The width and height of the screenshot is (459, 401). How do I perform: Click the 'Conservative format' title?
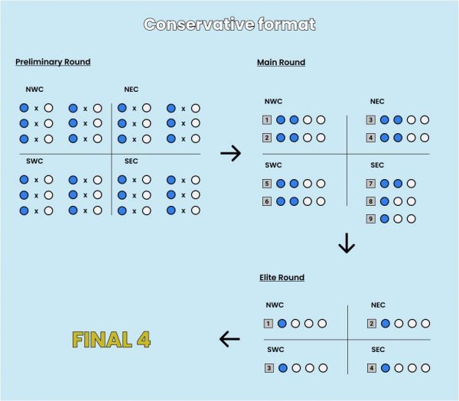[x=229, y=24]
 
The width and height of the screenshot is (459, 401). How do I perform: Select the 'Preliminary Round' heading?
[x=53, y=62]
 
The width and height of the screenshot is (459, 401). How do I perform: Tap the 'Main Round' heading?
[x=281, y=62]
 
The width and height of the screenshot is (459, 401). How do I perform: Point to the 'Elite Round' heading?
[x=282, y=277]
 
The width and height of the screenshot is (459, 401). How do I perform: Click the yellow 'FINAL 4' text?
[x=111, y=340]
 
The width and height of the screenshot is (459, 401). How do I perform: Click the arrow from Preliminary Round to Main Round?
[x=231, y=153]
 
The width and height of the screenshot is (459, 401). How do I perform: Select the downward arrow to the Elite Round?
[x=347, y=243]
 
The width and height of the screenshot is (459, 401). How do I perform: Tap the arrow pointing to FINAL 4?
[x=229, y=339]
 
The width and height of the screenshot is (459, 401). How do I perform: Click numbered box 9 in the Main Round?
[x=370, y=219]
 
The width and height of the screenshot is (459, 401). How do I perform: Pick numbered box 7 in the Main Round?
[x=370, y=184]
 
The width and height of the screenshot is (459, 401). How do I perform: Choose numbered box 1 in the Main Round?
[x=267, y=120]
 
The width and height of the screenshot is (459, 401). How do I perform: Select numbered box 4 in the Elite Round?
[x=372, y=368]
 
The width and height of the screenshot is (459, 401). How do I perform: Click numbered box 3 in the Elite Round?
[x=269, y=368]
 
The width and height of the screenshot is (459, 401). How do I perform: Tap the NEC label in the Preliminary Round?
[x=131, y=90]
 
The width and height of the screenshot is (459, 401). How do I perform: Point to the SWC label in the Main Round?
[x=273, y=165]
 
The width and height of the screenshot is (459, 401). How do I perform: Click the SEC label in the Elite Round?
[x=378, y=350]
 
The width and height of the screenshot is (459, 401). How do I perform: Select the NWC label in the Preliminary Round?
[x=34, y=90]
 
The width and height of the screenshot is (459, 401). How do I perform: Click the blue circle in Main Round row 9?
[x=384, y=219]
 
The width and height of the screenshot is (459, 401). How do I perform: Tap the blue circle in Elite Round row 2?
[x=386, y=324]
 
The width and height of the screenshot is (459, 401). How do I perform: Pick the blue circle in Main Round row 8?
[x=384, y=201]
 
